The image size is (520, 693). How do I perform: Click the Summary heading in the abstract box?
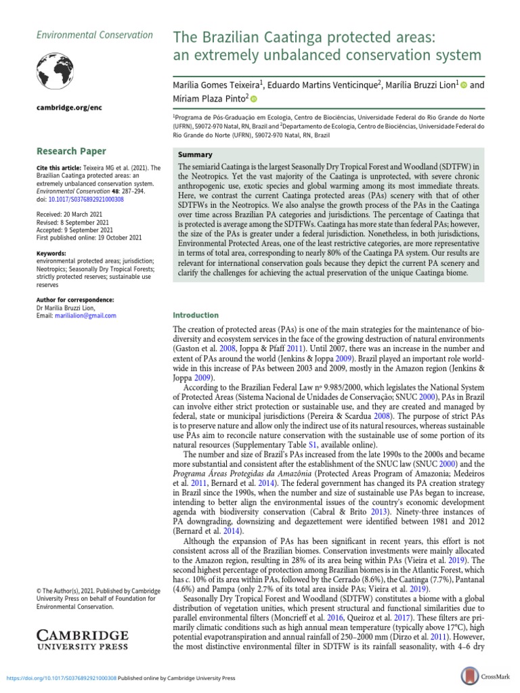pyautogui.click(x=194, y=155)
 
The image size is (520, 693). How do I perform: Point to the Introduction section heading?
pyautogui.click(x=196, y=315)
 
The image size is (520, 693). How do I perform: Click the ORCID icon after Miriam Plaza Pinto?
pyautogui.click(x=254, y=99)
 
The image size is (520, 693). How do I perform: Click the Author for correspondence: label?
pyautogui.click(x=74, y=299)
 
